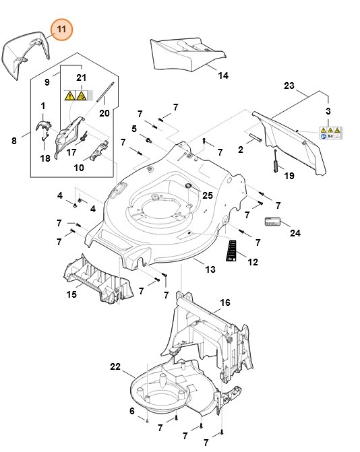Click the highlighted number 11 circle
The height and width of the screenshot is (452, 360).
coord(62,30)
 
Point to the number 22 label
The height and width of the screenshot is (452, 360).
coord(115,366)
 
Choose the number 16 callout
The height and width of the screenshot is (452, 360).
coord(225,302)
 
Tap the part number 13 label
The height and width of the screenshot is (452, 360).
coord(210,269)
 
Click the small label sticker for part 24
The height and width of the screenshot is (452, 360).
coord(273,221)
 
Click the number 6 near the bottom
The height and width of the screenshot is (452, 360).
coord(132,411)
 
